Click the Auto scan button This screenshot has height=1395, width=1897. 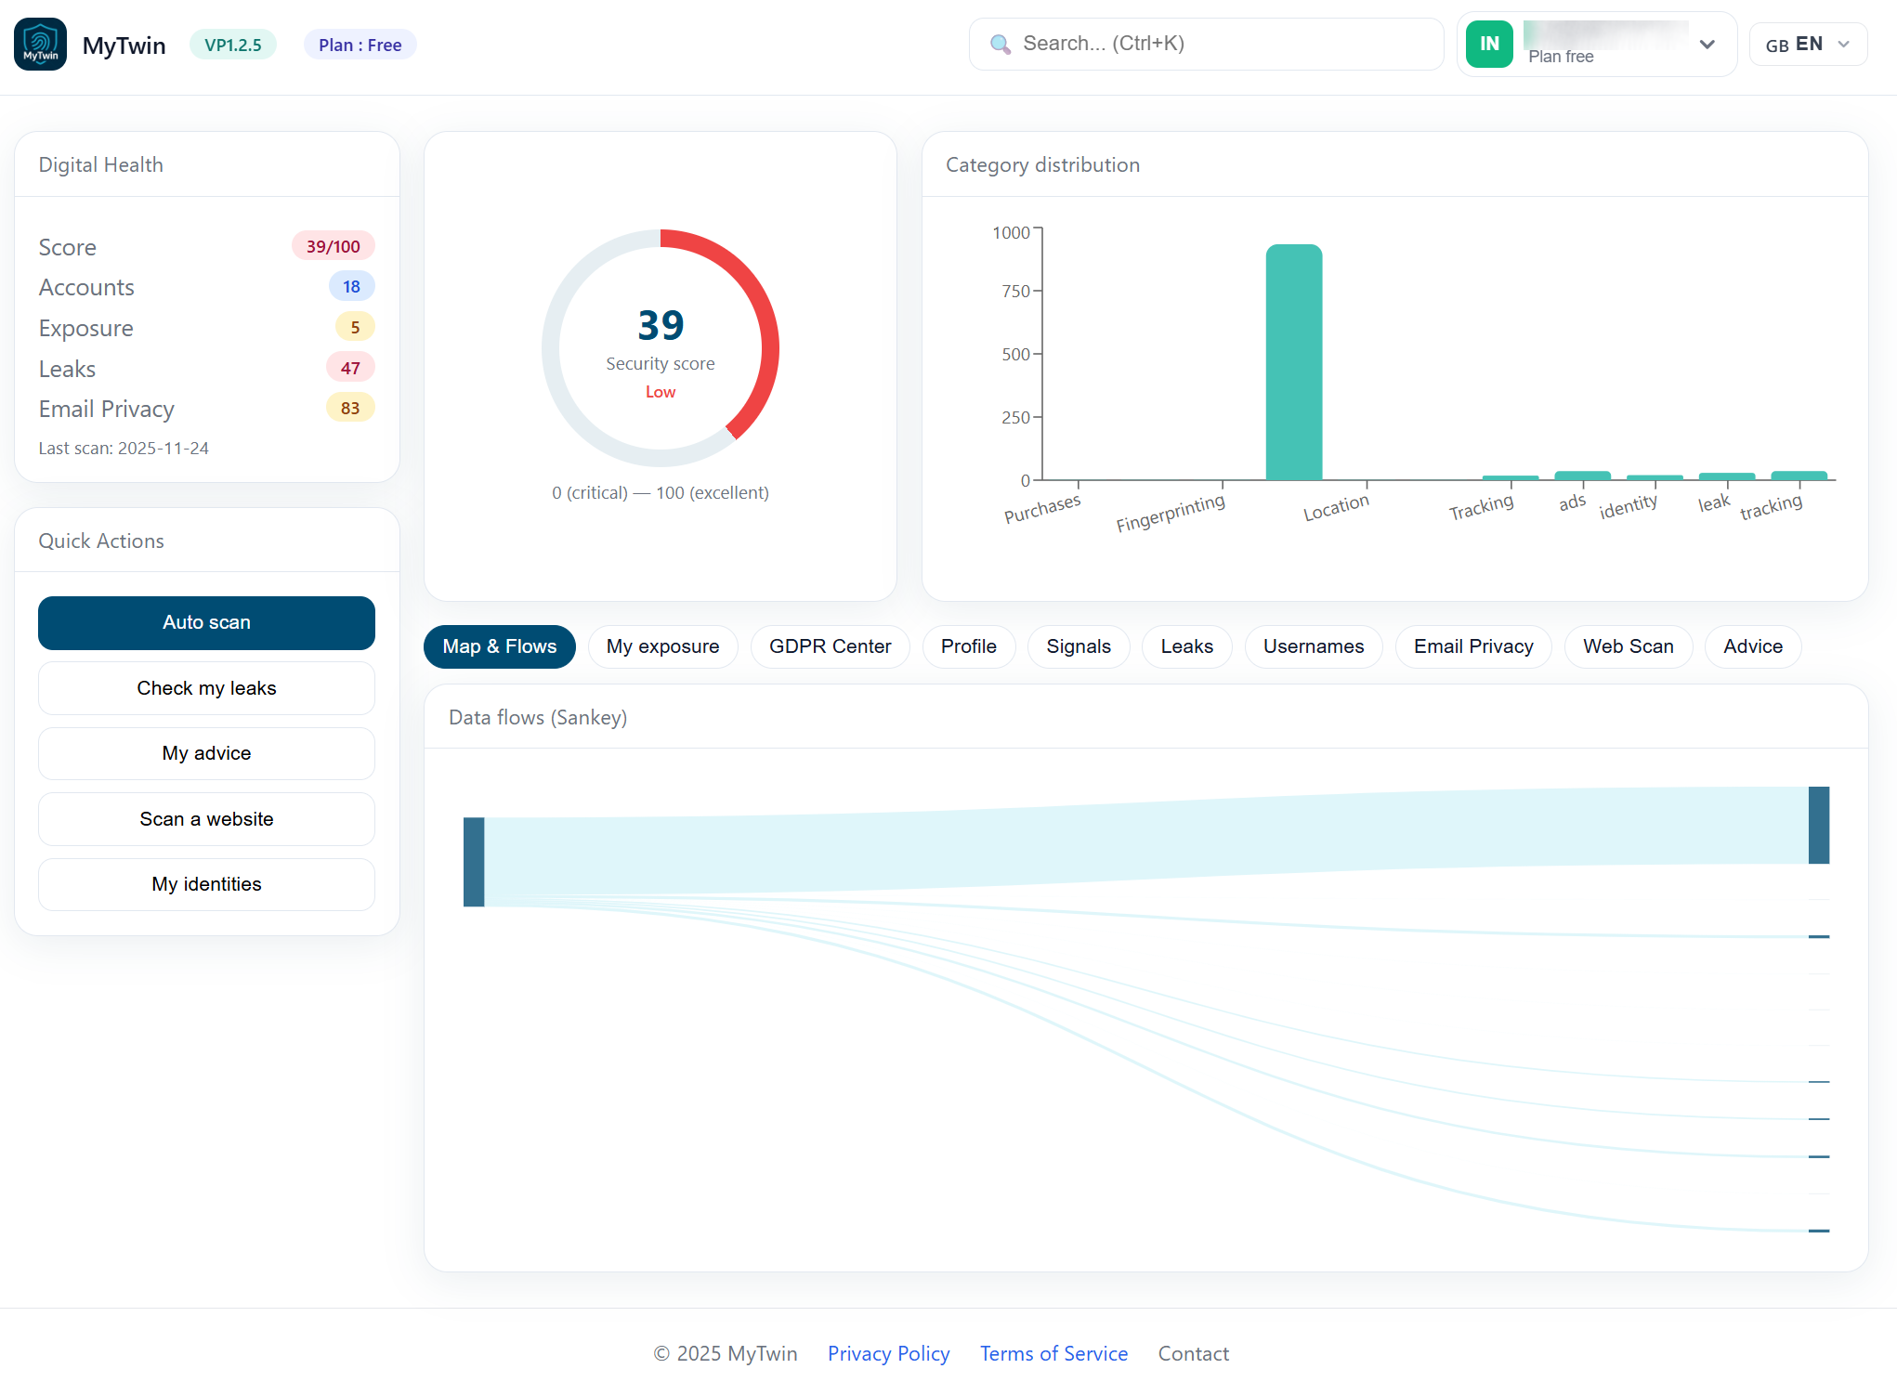206,622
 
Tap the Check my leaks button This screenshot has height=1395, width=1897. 206,688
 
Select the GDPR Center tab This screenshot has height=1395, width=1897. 830,646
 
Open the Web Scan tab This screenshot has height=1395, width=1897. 1628,646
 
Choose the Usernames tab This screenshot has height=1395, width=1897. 1313,646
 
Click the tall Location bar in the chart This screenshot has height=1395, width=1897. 1293,362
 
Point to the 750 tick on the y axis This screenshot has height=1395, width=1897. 1016,292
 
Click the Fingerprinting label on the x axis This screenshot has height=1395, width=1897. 1170,513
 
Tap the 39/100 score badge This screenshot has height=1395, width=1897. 333,246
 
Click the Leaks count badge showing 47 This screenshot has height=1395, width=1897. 350,368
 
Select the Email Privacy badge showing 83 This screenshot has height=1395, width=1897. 350,408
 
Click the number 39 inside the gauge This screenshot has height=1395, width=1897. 661,325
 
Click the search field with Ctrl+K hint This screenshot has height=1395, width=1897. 1206,44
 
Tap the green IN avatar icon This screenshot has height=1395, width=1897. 1489,44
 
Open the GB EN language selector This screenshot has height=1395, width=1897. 1807,45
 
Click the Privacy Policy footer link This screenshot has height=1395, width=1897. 888,1353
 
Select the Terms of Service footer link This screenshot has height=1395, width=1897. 1053,1353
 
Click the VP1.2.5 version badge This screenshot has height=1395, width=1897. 233,45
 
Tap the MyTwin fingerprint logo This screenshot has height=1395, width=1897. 40,45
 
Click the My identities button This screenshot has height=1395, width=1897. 206,884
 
